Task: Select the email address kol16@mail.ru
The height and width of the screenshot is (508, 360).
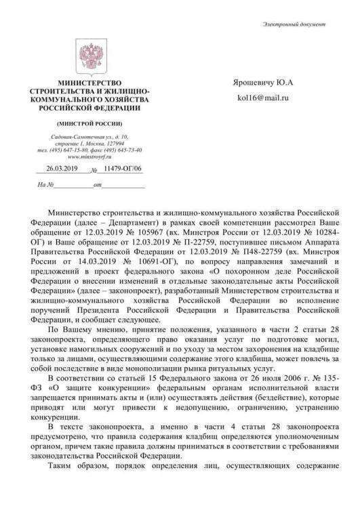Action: coord(262,100)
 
